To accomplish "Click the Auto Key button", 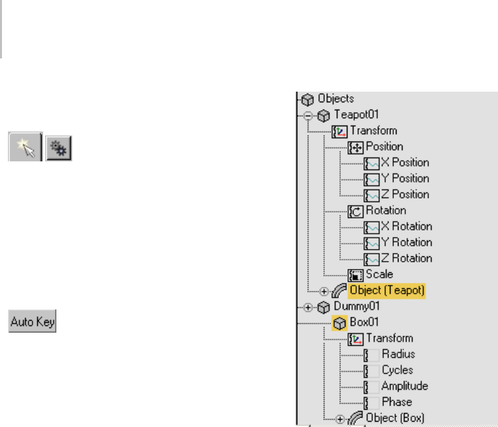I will tap(32, 323).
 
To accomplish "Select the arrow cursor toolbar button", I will tap(25, 145).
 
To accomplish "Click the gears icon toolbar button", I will tap(58, 145).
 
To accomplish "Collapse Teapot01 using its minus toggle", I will tap(308, 115).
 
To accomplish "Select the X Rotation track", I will tap(406, 226).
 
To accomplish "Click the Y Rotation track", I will tap(406, 242).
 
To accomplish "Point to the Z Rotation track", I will tap(406, 258).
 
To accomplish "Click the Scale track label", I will tap(379, 274).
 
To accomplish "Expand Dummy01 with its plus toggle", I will tap(308, 307).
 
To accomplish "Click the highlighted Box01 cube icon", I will tap(339, 323).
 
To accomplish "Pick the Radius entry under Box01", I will tap(398, 355).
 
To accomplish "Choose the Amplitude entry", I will tap(405, 386).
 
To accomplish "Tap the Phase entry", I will tap(397, 402).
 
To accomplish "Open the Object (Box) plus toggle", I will tap(340, 419).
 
